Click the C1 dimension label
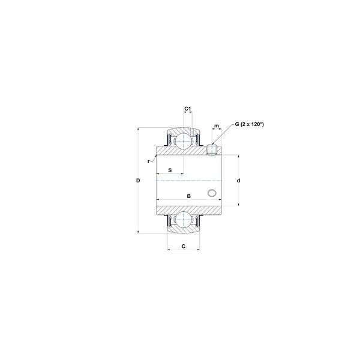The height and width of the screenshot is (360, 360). coord(188,109)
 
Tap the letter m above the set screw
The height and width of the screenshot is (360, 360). coord(217,126)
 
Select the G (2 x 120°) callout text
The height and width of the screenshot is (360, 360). coord(249,124)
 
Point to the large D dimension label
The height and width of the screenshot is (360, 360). coord(138,181)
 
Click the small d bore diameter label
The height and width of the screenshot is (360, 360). coord(238,181)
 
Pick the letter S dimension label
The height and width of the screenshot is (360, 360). coord(170,170)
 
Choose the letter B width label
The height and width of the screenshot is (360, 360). coord(189,196)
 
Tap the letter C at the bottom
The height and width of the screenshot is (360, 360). coord(183,247)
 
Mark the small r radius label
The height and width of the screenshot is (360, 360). coord(149,161)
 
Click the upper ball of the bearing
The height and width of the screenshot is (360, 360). coord(183,142)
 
